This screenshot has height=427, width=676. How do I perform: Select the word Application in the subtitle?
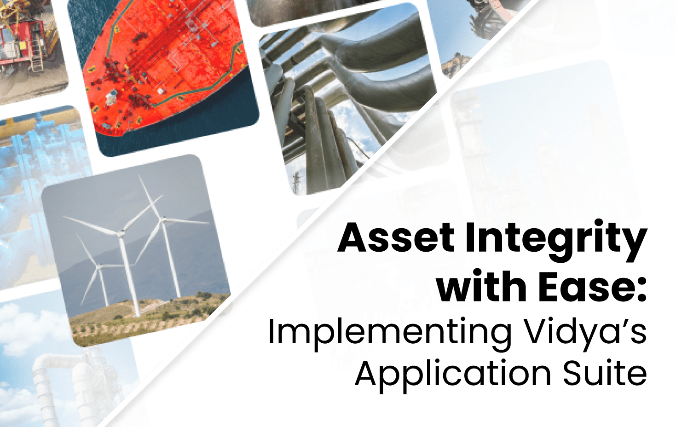coord(453,374)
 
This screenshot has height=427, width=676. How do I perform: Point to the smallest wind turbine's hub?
coord(98,265)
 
